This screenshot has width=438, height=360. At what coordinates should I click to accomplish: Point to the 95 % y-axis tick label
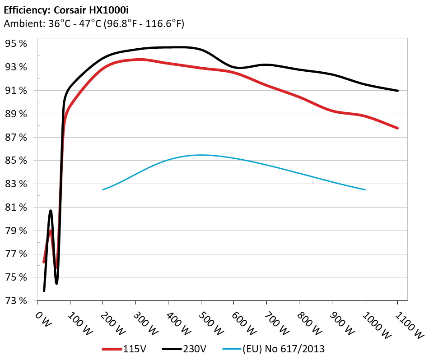tap(17, 44)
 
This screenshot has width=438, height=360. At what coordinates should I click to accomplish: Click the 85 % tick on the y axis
tap(17, 161)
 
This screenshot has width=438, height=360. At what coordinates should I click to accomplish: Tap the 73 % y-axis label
tap(17, 300)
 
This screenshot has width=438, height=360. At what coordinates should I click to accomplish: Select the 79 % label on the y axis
tap(17, 231)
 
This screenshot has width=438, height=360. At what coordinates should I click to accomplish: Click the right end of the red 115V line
tap(397, 128)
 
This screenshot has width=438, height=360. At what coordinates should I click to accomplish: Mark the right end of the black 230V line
tap(397, 91)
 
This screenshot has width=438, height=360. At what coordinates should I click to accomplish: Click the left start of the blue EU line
tap(103, 189)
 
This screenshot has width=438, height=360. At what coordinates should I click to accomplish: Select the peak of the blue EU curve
tap(201, 155)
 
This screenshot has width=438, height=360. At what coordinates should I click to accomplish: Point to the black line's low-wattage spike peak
tap(51, 211)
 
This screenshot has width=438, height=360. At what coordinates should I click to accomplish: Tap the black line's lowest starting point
tap(44, 291)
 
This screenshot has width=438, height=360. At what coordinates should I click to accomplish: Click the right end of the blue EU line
tap(365, 189)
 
